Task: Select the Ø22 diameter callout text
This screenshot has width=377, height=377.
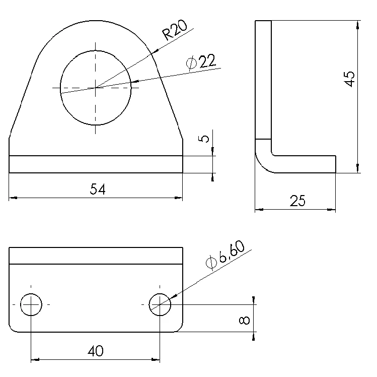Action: [x=201, y=62]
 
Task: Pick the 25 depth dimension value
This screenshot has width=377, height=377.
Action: [x=298, y=201]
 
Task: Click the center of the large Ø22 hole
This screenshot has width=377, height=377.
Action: [x=95, y=88]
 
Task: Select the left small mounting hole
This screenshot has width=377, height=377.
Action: [x=31, y=304]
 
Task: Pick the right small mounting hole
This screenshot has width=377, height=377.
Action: [x=160, y=304]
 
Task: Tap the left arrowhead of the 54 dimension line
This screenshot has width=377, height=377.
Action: [x=13, y=198]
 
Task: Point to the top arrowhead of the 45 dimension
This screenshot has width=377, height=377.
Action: [x=358, y=23]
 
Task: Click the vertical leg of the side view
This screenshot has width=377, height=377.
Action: [x=263, y=81]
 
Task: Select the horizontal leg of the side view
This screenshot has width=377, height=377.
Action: [x=307, y=164]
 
